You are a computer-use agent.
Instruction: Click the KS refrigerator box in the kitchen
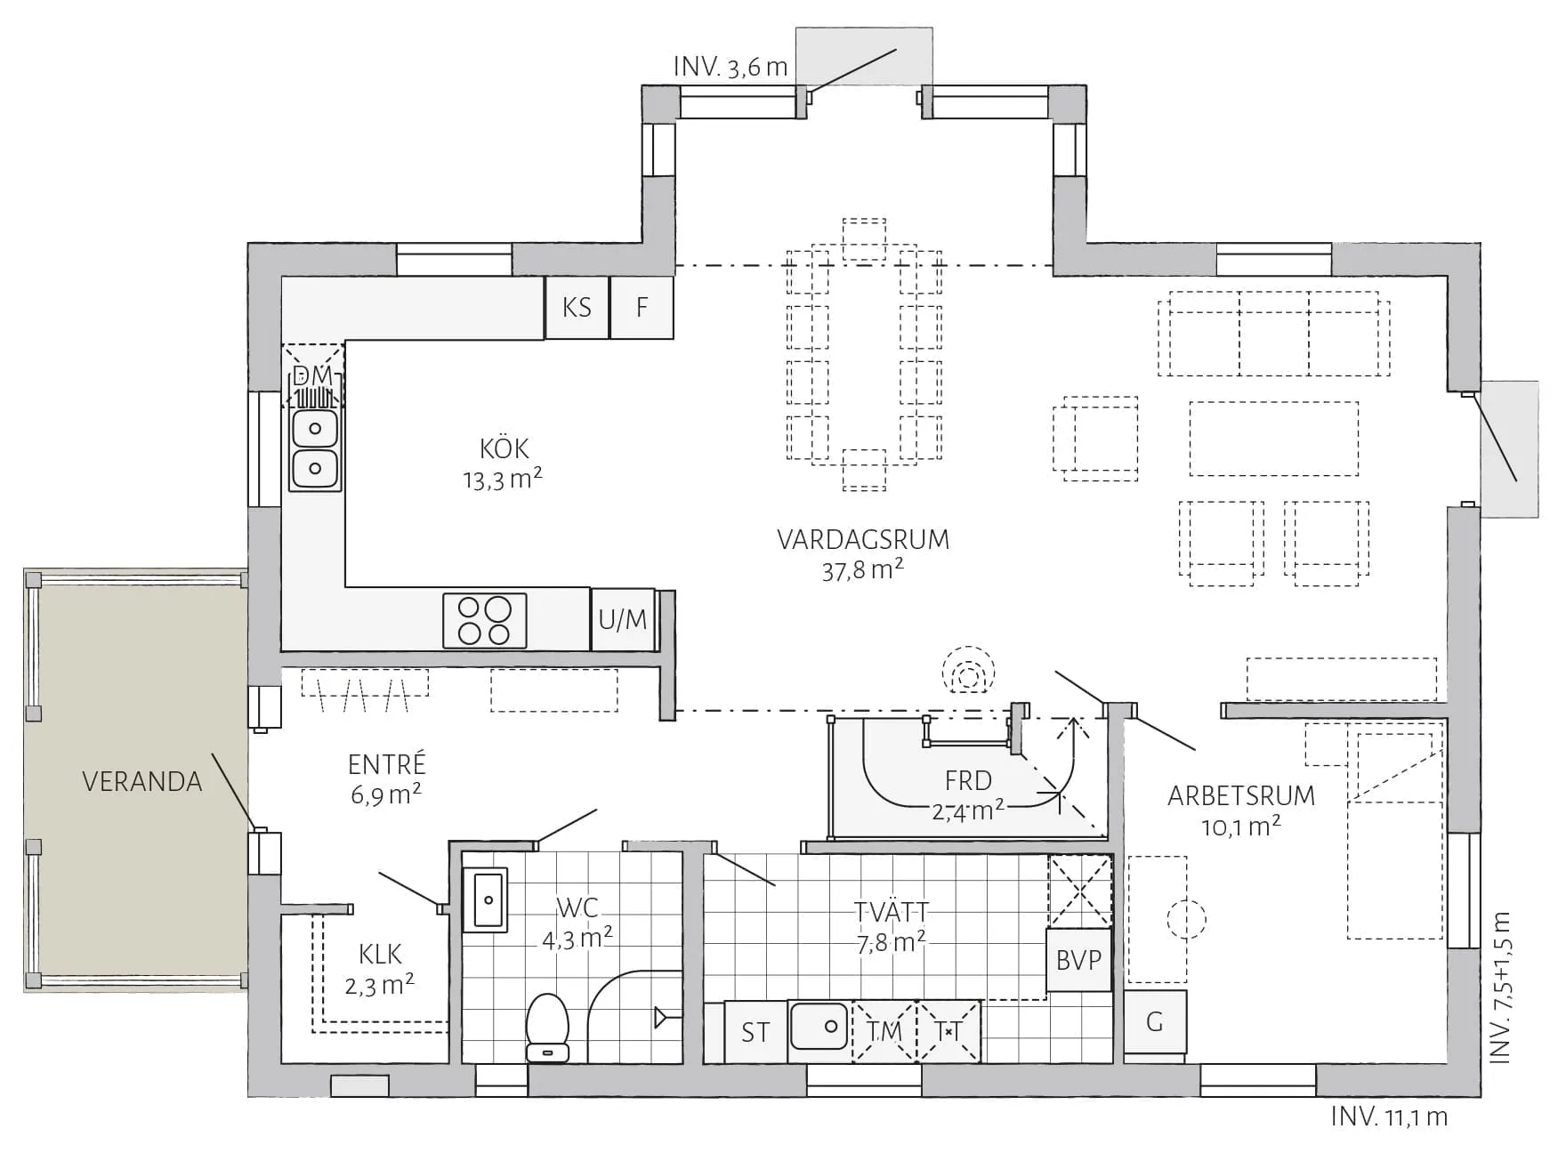point(577,308)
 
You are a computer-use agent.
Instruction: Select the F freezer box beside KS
point(642,308)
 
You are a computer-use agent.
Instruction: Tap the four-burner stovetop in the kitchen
point(485,620)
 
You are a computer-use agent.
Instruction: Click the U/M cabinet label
point(623,620)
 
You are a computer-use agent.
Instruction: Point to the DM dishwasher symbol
point(313,376)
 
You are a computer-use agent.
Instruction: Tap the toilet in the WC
point(548,1027)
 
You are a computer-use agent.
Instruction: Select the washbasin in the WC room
point(485,899)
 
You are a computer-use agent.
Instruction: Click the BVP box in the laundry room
point(1078,960)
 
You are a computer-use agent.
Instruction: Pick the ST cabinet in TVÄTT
point(755,1032)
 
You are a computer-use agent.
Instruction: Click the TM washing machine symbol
point(884,1031)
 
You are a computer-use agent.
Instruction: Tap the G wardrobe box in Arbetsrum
point(1155,1022)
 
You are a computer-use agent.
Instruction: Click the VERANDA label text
point(142,782)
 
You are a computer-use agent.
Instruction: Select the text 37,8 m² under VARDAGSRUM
point(862,570)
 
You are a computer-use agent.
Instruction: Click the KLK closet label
point(380,955)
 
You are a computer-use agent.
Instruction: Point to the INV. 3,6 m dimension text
point(730,68)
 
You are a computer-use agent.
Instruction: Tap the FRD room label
point(968,780)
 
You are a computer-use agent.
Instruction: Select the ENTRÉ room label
point(386,764)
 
